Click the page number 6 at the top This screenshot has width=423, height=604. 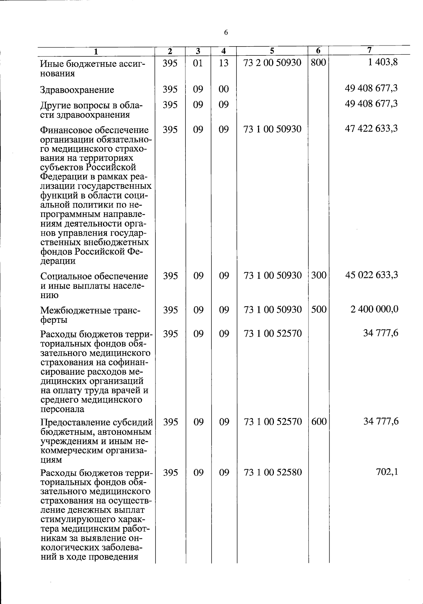tap(226, 33)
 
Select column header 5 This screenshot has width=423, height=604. tap(272, 50)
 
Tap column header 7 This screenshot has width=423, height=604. tap(369, 50)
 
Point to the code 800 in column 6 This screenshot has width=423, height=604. tap(319, 63)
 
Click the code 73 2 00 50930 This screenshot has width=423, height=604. tap(272, 63)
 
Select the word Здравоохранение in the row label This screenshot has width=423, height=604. tap(77, 90)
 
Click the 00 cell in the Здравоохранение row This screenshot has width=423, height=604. tap(223, 89)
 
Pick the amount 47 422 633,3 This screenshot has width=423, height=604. tap(371, 128)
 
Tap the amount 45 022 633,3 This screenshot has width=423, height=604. tap(371, 275)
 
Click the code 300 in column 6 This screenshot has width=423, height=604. tap(319, 275)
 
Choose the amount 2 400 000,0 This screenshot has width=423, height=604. tap(374, 309)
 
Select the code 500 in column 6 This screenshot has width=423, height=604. tap(319, 309)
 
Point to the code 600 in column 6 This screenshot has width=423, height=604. tap(319, 422)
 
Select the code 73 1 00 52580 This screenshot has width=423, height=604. tap(273, 472)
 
